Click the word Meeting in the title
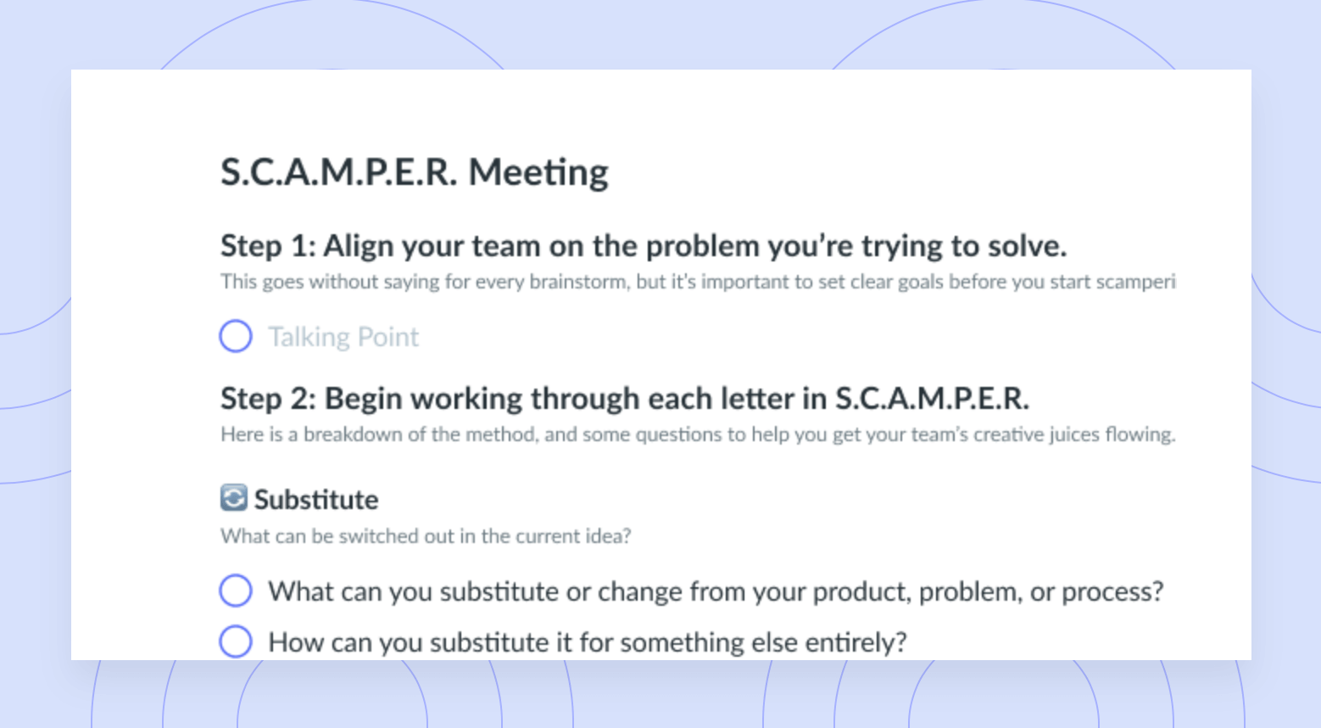tap(538, 173)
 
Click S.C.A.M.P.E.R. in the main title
tap(338, 172)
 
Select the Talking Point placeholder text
tap(343, 337)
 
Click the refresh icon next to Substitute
tap(233, 497)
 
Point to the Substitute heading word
tap(316, 500)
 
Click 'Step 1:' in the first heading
tap(268, 245)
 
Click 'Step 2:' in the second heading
tap(269, 398)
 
